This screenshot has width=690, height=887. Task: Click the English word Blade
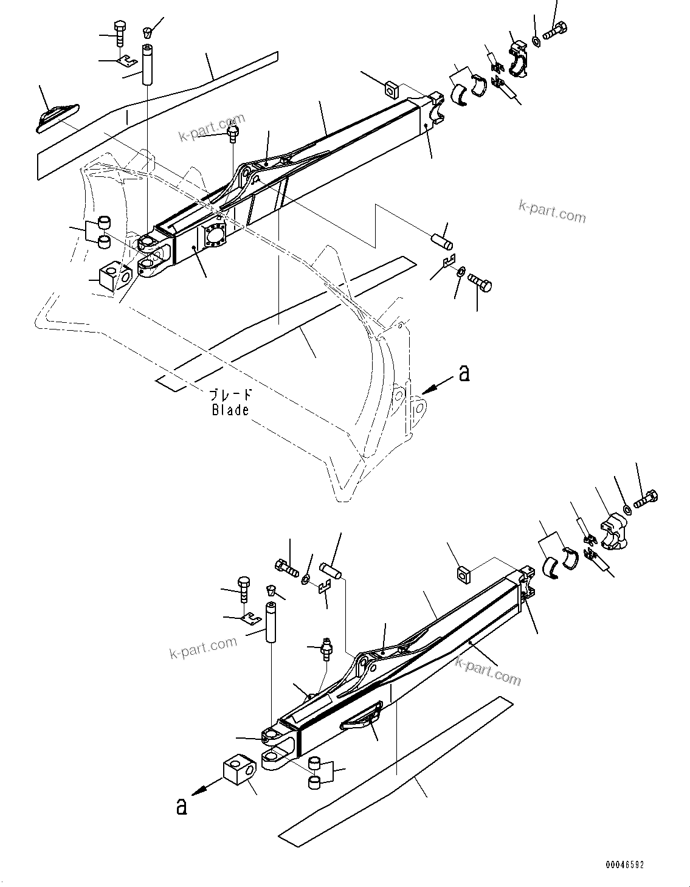pyautogui.click(x=230, y=410)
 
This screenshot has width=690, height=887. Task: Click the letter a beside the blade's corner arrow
pyautogui.click(x=464, y=373)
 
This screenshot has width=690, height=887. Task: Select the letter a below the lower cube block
pyautogui.click(x=181, y=806)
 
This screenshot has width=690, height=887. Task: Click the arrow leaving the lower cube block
pyautogui.click(x=205, y=785)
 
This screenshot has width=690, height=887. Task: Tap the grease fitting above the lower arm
pyautogui.click(x=327, y=649)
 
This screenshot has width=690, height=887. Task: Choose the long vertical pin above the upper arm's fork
pyautogui.click(x=147, y=65)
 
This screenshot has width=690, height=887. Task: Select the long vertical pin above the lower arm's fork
pyautogui.click(x=269, y=621)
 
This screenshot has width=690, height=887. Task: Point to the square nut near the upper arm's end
pyautogui.click(x=392, y=90)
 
